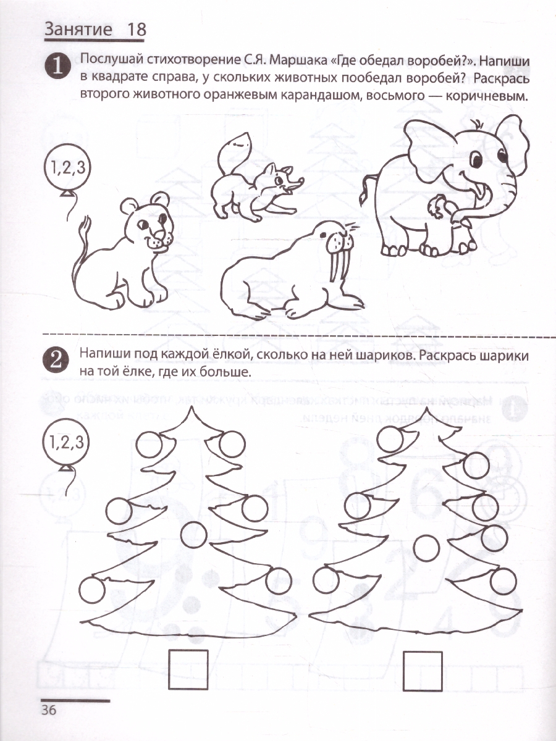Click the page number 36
click(x=49, y=710)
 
